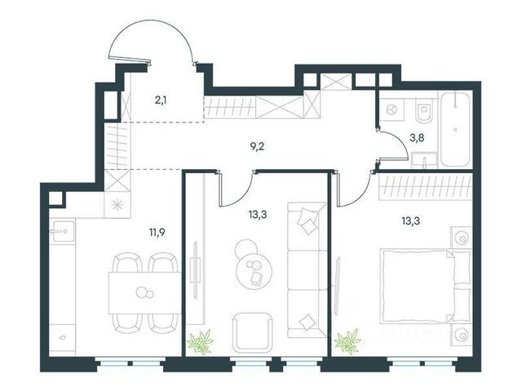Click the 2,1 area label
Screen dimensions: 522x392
tap(161, 100)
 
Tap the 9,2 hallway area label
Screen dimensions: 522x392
tap(258, 146)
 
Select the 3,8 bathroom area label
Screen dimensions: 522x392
tap(417, 138)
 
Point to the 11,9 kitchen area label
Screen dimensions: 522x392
tap(157, 232)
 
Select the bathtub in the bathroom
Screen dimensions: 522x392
tap(456, 129)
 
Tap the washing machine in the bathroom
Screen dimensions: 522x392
tap(391, 109)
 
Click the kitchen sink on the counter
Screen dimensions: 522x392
tap(63, 230)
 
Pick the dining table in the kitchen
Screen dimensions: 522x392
tap(145, 292)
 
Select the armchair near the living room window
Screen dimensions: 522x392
tap(252, 332)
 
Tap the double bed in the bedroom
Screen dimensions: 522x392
tap(426, 287)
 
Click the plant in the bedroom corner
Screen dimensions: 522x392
tap(347, 341)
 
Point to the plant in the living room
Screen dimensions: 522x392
tap(200, 341)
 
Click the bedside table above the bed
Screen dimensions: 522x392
tap(462, 238)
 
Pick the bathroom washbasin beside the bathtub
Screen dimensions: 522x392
tap(424, 160)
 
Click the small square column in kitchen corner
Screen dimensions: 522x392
tap(55, 199)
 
